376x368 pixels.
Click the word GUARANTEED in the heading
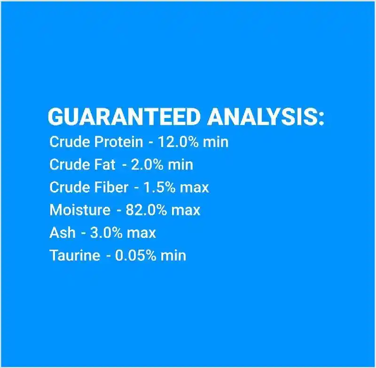[124, 117]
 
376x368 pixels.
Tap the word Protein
[118, 141]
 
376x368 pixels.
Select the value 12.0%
[178, 141]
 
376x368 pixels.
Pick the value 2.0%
[147, 164]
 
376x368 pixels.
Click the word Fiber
[111, 187]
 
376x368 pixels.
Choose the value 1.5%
[159, 187]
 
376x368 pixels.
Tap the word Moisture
[80, 210]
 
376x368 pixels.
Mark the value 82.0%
[146, 210]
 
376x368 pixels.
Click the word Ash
[63, 233]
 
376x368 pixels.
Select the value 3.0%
[106, 233]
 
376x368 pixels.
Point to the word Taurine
[75, 255]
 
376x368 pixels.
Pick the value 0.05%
[136, 255]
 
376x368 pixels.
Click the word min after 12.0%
[216, 141]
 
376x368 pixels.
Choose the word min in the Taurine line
[173, 255]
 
